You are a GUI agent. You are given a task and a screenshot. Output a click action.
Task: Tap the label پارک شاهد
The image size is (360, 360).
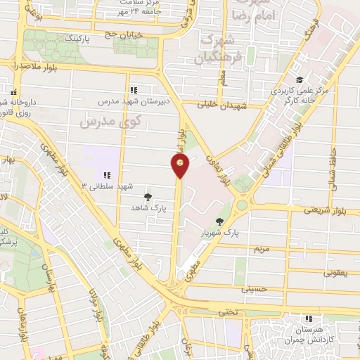point(146,208)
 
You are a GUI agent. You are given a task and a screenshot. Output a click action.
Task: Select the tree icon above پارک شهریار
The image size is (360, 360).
point(221,221)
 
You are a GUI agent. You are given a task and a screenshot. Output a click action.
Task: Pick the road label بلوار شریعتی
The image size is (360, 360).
point(323,210)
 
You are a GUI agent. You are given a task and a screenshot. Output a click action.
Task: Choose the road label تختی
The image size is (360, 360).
point(226,310)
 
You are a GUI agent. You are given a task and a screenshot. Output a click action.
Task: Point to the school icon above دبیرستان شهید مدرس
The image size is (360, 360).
point(134,89)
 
